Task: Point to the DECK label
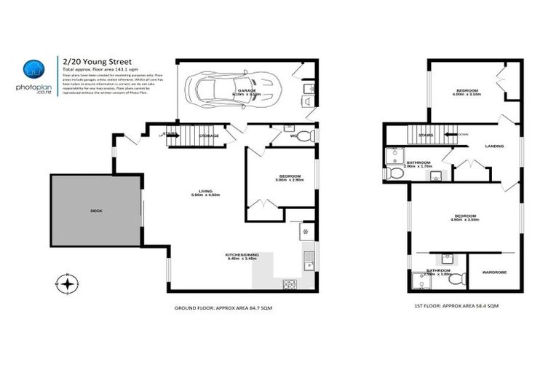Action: (x=96, y=211)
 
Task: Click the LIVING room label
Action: (x=205, y=192)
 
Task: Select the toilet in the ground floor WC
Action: (x=311, y=136)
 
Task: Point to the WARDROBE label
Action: (x=493, y=272)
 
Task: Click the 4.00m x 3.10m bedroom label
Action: (x=467, y=92)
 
